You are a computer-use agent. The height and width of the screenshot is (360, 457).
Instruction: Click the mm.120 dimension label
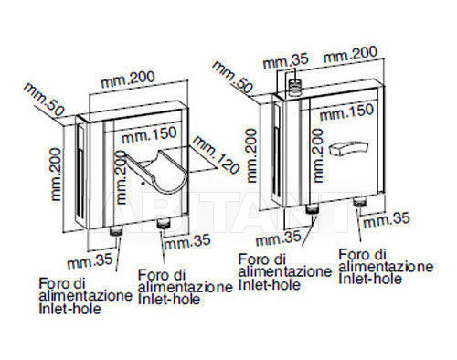click(x=216, y=154)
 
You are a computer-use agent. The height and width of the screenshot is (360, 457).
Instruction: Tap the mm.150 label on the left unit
click(x=149, y=135)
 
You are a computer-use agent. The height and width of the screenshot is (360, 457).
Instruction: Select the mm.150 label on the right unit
click(x=346, y=112)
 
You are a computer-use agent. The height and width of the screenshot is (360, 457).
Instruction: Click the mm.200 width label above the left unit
click(x=128, y=79)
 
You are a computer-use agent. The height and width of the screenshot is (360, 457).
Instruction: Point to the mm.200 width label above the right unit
click(x=350, y=55)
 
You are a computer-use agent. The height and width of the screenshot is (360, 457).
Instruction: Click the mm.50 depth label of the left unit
click(x=45, y=100)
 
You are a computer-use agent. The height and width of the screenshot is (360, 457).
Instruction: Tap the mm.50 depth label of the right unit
click(x=233, y=77)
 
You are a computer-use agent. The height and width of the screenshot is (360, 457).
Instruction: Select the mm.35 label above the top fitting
click(x=286, y=61)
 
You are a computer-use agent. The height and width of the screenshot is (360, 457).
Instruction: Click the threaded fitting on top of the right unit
click(x=294, y=87)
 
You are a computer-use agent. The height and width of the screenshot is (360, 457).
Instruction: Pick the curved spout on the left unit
click(x=158, y=172)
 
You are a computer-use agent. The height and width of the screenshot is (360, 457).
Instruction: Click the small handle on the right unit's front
click(x=349, y=148)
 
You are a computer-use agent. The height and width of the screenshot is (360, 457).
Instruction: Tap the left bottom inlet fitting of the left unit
click(x=115, y=232)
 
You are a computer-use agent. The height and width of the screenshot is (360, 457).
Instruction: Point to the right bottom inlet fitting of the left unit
click(x=164, y=224)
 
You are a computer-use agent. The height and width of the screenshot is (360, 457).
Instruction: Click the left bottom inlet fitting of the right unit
click(x=312, y=209)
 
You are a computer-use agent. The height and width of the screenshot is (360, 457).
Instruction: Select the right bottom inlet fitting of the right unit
click(x=359, y=202)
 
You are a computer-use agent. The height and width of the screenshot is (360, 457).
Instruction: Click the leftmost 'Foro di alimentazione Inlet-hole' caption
click(x=86, y=296)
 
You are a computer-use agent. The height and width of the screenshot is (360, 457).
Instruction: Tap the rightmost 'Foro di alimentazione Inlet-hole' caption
click(x=386, y=267)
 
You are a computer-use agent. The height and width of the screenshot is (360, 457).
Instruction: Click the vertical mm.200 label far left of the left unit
click(x=57, y=175)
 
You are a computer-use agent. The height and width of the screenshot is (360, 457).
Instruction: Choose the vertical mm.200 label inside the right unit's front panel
click(x=317, y=155)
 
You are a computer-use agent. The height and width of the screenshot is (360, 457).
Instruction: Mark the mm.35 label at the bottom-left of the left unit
click(x=90, y=261)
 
